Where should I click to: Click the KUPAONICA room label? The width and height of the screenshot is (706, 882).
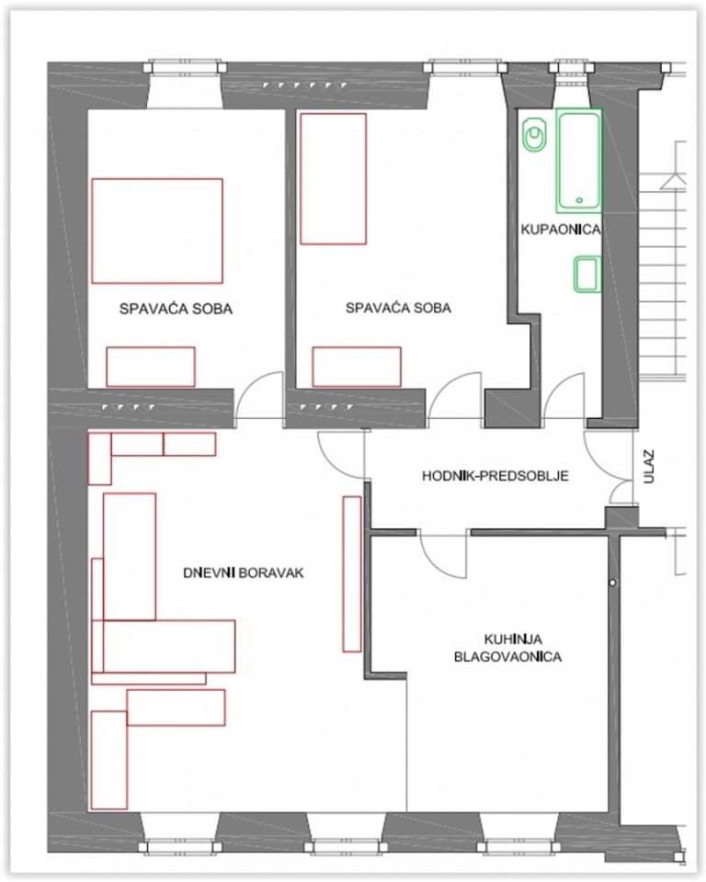[x=560, y=230]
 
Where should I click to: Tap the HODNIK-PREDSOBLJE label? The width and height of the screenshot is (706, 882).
[x=495, y=476]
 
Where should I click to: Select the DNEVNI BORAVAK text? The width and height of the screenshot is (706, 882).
[x=244, y=572]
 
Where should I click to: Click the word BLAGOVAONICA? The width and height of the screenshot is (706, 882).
[x=507, y=656]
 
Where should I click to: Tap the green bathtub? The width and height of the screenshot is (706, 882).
[x=579, y=161]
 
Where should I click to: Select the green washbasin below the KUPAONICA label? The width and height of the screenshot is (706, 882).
[x=587, y=274]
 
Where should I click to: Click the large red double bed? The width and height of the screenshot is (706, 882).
[x=157, y=231]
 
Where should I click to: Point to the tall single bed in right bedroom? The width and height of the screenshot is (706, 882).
[x=334, y=179]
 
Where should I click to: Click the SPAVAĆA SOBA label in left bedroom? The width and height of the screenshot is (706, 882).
[x=176, y=309]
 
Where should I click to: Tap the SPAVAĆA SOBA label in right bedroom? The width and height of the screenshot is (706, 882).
[x=398, y=308]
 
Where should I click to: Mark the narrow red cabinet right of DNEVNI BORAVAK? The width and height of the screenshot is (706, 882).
[x=352, y=573]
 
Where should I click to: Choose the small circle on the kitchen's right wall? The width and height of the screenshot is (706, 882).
[x=612, y=582]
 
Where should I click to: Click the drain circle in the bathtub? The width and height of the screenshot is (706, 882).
[x=579, y=199]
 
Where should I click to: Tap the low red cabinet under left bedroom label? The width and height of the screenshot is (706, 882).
[x=151, y=367]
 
